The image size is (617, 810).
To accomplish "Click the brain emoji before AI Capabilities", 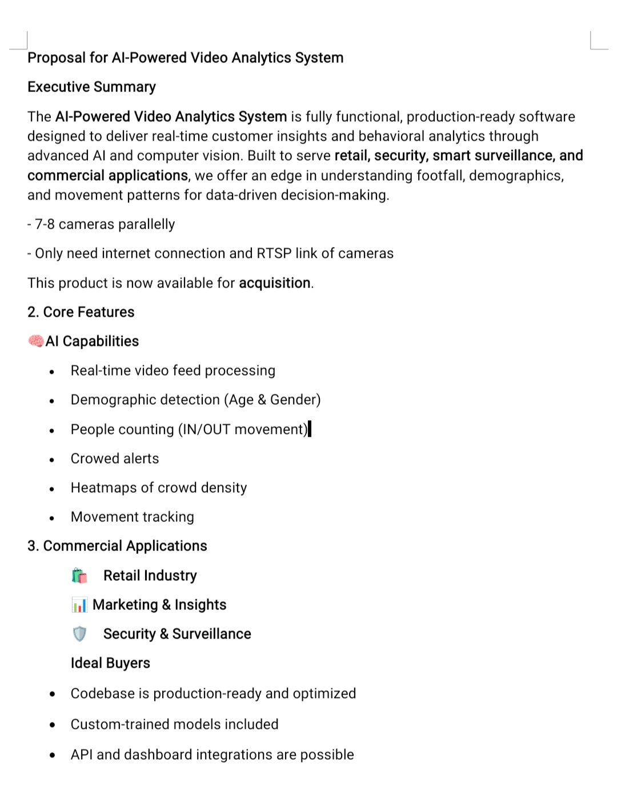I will point(35,341).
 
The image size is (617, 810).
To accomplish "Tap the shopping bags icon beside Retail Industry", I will point(80,576).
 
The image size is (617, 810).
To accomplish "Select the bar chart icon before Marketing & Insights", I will point(79,605).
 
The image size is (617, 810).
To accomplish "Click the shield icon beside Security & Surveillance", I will point(79,634).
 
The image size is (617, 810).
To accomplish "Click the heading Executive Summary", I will point(91,87).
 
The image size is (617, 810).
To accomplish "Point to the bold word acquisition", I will point(274,283).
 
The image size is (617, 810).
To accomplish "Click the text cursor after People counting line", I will point(310,429).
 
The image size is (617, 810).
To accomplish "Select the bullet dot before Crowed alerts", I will point(52,460).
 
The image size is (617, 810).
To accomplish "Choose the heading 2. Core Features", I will point(81,312).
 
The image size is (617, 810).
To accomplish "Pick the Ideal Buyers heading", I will point(110,663).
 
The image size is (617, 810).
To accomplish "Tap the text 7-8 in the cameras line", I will point(45,224).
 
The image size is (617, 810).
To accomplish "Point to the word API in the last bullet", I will point(82,755).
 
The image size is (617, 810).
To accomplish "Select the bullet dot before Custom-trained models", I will point(53,725).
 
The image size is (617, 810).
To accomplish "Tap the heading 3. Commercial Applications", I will point(117,546).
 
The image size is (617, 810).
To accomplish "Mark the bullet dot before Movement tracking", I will point(52,518).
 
